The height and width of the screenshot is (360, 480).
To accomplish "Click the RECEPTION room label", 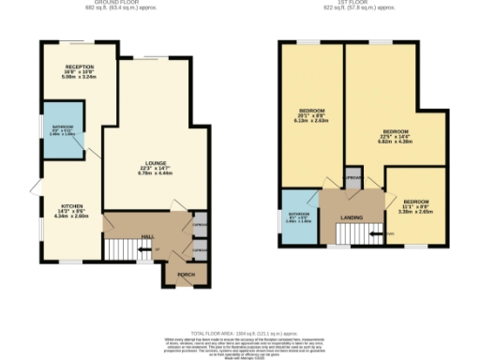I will (x=79, y=67).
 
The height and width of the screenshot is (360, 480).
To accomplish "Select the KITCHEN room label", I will (x=72, y=205).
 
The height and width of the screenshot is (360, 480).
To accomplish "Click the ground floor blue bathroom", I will (x=63, y=137).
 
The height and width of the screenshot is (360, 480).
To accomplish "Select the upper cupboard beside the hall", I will (x=199, y=226).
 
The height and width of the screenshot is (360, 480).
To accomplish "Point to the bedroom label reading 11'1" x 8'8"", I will (x=416, y=202).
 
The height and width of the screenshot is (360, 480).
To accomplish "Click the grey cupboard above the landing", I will (x=352, y=178).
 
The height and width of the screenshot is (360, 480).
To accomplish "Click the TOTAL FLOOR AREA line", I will (x=239, y=333).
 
